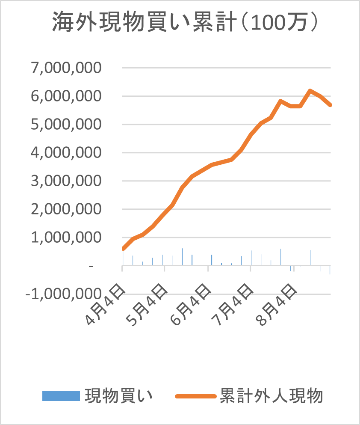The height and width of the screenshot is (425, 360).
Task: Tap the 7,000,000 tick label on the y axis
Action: tap(65, 68)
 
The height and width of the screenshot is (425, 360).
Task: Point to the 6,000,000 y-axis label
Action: tap(65, 96)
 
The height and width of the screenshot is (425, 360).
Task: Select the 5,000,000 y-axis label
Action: tap(65, 124)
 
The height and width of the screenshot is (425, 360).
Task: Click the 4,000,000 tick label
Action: tap(65, 152)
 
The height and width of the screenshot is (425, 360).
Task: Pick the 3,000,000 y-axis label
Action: tap(65, 181)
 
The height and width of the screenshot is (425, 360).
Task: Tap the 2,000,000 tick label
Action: tap(65, 209)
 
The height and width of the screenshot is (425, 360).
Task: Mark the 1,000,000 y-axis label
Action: tap(65, 237)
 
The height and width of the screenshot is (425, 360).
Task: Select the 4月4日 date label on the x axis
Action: tap(106, 305)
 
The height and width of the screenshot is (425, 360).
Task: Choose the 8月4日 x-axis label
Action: tap(277, 305)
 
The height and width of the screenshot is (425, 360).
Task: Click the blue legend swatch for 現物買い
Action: tap(61, 396)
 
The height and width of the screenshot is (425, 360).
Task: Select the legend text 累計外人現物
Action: tap(271, 396)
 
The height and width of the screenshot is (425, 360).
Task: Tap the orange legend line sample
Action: tap(195, 396)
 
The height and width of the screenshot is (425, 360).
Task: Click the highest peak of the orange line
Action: tap(310, 91)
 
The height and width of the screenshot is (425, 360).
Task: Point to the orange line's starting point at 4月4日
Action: tap(123, 248)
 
